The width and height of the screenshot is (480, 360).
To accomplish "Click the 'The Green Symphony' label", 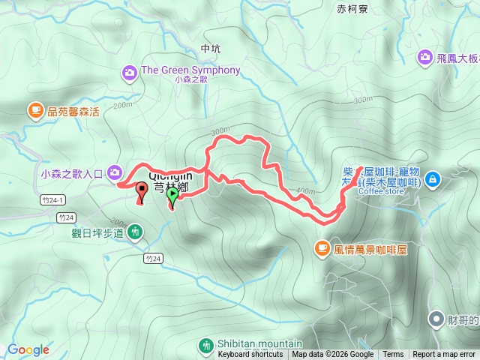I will [x=190, y=70].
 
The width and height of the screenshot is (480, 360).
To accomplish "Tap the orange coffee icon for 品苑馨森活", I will [x=35, y=111].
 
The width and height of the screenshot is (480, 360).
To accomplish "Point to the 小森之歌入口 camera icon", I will [x=115, y=173].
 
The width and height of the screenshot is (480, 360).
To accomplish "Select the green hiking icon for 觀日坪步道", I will [x=135, y=232].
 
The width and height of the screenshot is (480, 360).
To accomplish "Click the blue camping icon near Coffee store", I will [x=432, y=180].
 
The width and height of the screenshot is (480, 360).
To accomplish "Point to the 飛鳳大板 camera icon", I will [x=425, y=56].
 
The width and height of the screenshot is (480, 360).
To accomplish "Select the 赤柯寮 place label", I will [x=352, y=10].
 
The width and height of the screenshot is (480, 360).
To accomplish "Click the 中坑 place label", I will [x=211, y=49].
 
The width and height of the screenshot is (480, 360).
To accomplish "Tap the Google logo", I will [x=28, y=349].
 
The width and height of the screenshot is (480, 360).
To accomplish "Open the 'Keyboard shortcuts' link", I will [x=250, y=355].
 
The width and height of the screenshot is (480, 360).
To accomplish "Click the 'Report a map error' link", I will [x=444, y=355].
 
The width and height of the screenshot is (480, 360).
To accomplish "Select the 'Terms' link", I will [x=393, y=355].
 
